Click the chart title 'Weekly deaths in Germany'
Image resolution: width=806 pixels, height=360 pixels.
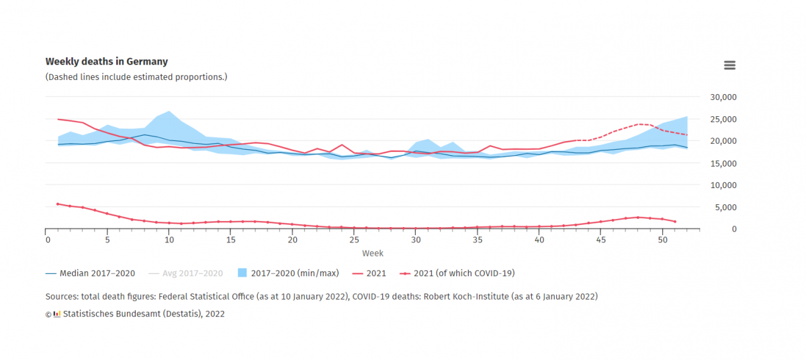(106, 62)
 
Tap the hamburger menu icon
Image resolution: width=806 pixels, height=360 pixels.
(729, 65)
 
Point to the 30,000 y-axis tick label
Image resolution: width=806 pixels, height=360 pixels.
(723, 97)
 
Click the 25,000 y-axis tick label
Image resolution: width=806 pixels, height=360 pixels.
(723, 119)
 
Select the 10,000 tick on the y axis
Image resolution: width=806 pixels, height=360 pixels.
(723, 185)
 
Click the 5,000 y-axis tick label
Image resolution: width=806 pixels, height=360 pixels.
(726, 207)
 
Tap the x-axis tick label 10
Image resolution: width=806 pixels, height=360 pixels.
(169, 240)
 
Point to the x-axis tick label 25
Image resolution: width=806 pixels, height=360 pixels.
(354, 240)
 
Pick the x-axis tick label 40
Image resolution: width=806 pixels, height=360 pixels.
(539, 240)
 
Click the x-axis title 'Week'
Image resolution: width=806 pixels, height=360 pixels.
(373, 253)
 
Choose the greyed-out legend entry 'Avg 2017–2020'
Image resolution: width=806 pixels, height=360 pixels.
(193, 273)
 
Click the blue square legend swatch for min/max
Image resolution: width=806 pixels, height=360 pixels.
(243, 273)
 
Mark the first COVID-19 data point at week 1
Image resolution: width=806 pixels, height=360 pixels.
(58, 204)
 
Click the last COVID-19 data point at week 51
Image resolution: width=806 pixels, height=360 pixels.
(674, 222)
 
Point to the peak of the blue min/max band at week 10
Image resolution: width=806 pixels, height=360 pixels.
(169, 111)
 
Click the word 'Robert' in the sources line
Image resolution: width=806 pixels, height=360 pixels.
(447, 296)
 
